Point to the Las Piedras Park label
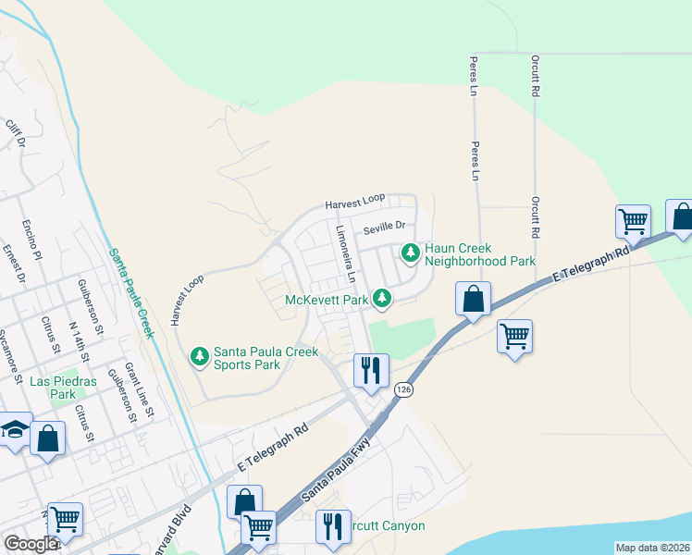tap(52, 388)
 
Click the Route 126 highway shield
tap(403, 390)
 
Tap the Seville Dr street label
tap(384, 226)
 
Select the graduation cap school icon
tap(14, 429)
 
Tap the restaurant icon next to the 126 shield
tap(369, 371)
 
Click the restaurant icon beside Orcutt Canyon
tap(332, 525)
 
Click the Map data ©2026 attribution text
tap(652, 548)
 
